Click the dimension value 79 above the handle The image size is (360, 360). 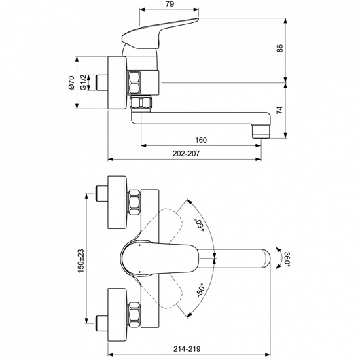coord(170,4)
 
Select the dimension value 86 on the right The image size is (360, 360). coord(280,48)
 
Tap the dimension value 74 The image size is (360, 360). coord(280,110)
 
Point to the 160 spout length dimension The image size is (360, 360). coord(201,140)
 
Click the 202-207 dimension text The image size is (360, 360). coord(186,154)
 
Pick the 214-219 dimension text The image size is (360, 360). coord(187,349)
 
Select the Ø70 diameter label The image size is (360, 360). coord(71,82)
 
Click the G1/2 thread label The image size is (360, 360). coord(83,82)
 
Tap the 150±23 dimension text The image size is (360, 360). coord(82,261)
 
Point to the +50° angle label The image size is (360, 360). coord(200,226)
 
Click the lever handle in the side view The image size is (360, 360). coord(161,33)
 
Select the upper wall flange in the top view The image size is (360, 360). coord(117,202)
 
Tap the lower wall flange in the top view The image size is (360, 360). coord(117,314)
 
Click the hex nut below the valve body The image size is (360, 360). coord(141,103)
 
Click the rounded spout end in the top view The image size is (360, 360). coord(266,258)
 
